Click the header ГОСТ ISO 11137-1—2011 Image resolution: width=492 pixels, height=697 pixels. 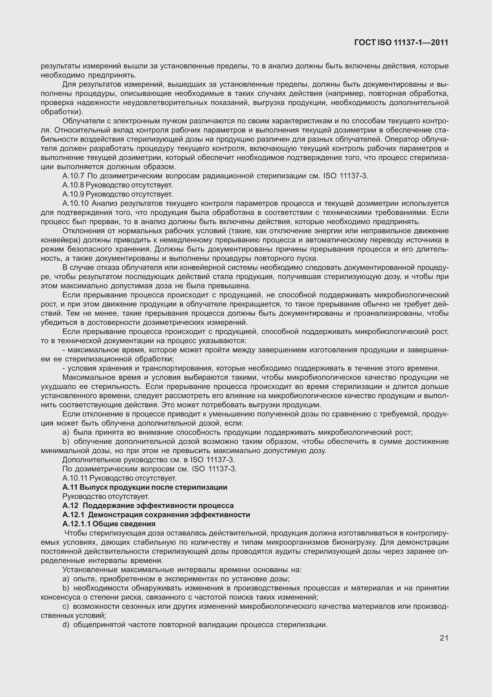(x=401, y=43)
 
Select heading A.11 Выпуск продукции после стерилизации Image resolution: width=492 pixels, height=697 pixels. (x=145, y=487)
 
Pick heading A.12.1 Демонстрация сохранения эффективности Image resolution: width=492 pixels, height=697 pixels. (x=156, y=515)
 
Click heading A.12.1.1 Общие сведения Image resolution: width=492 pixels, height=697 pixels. (x=109, y=524)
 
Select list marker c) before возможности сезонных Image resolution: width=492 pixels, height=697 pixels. (x=66, y=606)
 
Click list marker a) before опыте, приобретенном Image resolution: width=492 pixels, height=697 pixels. (x=66, y=579)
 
